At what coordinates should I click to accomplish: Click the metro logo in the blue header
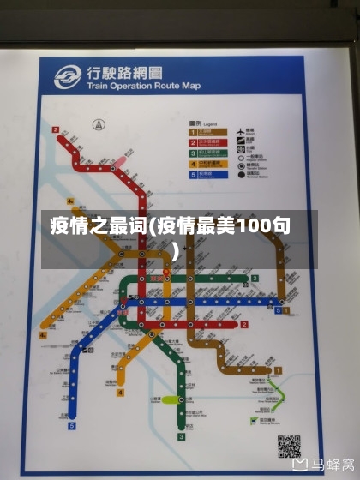[x=67, y=78]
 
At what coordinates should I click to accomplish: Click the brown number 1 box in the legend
[x=193, y=130]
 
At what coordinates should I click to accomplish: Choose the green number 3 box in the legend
[x=193, y=152]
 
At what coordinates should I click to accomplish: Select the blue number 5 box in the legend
[x=193, y=173]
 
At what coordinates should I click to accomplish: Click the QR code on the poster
[x=289, y=445]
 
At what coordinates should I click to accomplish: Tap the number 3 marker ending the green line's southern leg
[x=182, y=435]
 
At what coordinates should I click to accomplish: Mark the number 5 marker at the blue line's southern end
[x=73, y=424]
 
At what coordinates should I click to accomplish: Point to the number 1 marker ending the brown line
[x=278, y=370]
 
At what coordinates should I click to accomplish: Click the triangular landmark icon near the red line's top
[x=97, y=125]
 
